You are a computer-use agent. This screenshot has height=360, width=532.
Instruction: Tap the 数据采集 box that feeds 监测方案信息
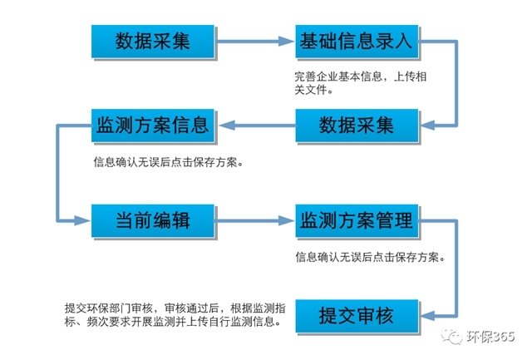[x=355, y=126]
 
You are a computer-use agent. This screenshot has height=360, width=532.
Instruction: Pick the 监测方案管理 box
[x=355, y=220]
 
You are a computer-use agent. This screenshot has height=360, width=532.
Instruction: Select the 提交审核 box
[x=355, y=315]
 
